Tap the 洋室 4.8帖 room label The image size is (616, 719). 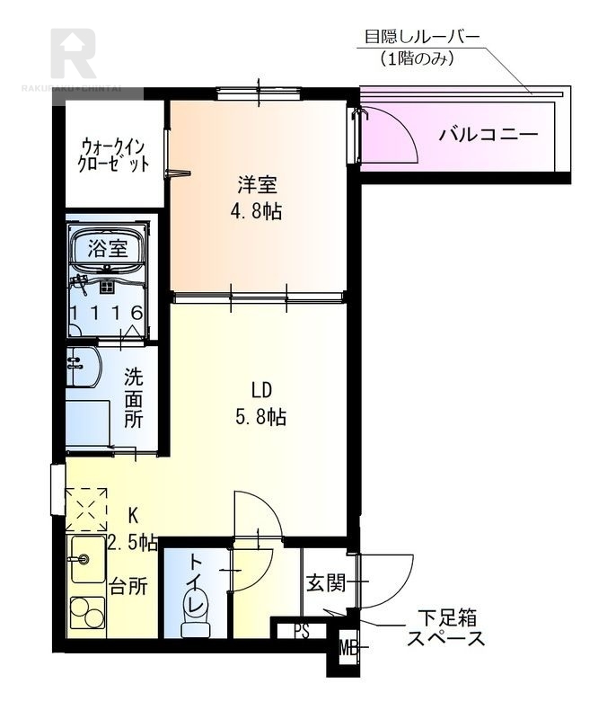[257, 198]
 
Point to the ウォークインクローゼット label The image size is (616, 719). [113, 154]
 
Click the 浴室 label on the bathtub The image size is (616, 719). [107, 249]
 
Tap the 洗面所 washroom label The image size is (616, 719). [133, 397]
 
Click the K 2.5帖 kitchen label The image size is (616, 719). [133, 528]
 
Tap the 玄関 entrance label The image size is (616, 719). [324, 583]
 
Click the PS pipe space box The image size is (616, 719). [302, 630]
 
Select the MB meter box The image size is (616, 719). [347, 645]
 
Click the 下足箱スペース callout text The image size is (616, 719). [445, 628]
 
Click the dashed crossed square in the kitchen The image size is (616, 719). [87, 510]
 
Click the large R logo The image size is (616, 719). [74, 54]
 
